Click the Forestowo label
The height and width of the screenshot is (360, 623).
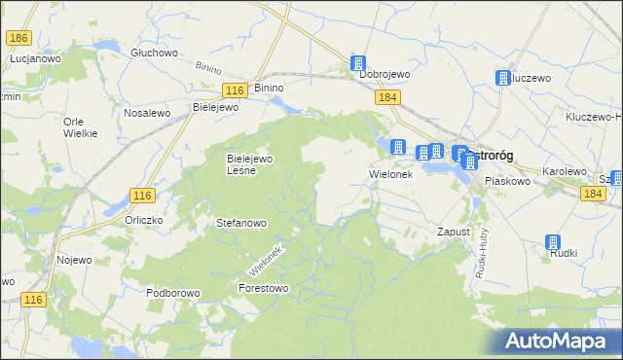point(264,288)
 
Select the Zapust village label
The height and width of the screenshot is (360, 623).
point(454,233)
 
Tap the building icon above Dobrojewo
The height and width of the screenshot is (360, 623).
point(360,63)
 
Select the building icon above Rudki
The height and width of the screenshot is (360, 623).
point(554,243)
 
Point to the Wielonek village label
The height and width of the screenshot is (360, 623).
point(391,175)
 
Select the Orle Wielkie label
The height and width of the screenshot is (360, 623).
point(81,127)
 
